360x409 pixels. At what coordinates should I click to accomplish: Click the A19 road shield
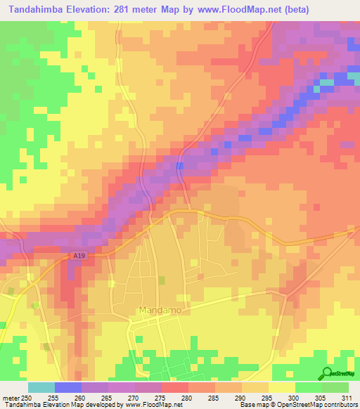(79, 257)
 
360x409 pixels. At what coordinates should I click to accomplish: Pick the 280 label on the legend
(188, 397)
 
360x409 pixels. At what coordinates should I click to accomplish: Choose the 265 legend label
(108, 397)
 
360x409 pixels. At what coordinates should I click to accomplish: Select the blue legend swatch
(68, 387)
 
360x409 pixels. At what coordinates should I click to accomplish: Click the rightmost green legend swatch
(335, 387)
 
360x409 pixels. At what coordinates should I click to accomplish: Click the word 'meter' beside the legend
(11, 397)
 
